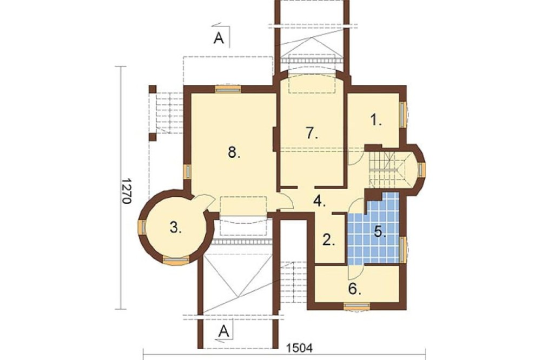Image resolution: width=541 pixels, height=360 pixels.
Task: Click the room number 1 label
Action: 375,121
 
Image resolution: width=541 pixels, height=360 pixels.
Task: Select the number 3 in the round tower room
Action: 176,228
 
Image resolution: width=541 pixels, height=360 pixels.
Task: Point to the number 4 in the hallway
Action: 320,201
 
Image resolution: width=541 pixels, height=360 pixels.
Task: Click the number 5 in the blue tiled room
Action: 380,232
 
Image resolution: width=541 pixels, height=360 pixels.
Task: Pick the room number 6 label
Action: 355,289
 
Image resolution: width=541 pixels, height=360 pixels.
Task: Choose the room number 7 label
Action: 312,133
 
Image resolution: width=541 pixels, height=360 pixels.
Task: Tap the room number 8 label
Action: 234,152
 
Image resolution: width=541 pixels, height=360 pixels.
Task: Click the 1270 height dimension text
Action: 126,191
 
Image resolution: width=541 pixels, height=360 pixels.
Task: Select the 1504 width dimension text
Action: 300,348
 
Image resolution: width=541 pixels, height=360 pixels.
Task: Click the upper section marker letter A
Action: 219,38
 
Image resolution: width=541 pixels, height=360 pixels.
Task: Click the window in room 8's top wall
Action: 228,89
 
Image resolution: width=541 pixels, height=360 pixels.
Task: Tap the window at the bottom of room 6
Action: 357,306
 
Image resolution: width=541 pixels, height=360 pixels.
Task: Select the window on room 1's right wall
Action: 403,115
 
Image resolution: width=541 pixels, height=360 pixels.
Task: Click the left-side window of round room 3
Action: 142,227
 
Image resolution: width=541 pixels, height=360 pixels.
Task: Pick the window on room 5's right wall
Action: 403,249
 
